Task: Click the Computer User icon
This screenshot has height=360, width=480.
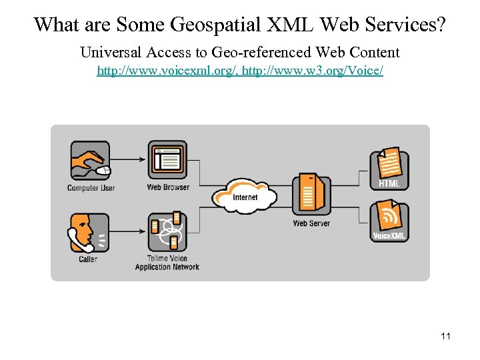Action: [90, 161]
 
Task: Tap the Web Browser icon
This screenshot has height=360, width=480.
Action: [167, 160]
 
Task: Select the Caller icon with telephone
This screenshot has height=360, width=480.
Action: [89, 233]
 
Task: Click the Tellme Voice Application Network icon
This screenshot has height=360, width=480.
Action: [167, 233]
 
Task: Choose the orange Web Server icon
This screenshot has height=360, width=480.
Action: [311, 194]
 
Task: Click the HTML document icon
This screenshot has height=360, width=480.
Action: [389, 167]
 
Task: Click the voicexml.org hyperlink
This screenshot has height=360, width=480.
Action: [168, 70]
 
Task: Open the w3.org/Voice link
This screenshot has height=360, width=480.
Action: [313, 70]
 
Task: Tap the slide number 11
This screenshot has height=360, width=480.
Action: [445, 337]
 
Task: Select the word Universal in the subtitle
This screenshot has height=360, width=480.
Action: [108, 52]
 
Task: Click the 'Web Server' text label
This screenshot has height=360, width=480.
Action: [311, 223]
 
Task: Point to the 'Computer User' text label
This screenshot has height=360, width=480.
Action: [91, 188]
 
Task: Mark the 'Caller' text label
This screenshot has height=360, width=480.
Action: [88, 259]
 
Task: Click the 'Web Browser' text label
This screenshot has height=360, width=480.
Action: [168, 187]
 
